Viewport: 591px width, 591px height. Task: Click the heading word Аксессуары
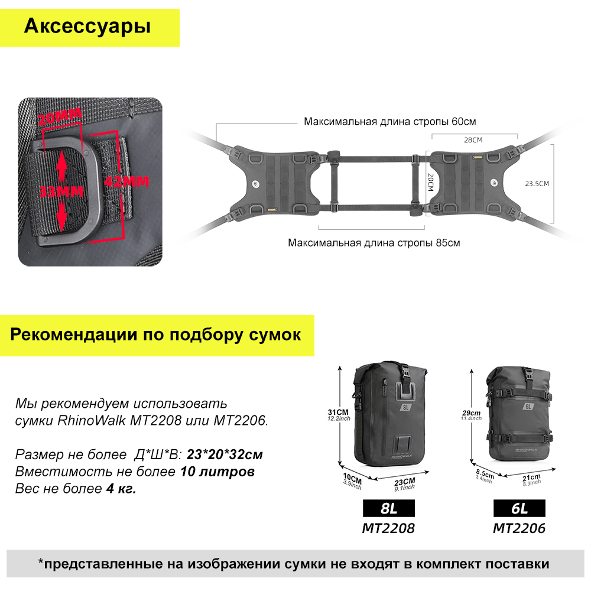point(87,27)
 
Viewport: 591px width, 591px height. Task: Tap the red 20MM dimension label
point(60,116)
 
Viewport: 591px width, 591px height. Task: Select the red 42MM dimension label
point(126,181)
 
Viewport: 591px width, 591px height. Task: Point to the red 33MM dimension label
point(61,191)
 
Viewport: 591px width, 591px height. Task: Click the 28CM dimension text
point(473,140)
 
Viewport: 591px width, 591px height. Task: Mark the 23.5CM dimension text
point(537,184)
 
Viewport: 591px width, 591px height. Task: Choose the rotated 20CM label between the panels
point(431,183)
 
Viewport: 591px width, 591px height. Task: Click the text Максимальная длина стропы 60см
point(389,121)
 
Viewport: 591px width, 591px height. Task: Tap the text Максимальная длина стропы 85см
point(374,242)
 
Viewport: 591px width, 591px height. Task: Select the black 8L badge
point(389,508)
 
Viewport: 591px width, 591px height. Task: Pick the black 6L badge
point(519,508)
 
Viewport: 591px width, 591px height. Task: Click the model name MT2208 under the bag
point(388,528)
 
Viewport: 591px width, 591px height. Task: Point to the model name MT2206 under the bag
point(519,528)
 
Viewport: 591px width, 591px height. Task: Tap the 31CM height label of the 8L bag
point(338,413)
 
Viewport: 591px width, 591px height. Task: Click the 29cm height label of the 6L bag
point(471,413)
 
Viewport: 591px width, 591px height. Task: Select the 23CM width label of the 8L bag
point(404,482)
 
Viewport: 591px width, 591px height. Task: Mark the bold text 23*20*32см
point(225,454)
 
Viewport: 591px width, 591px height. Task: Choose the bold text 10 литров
point(217,472)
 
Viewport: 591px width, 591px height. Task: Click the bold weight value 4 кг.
point(121,489)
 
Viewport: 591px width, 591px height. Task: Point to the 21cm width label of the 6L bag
point(531,478)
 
